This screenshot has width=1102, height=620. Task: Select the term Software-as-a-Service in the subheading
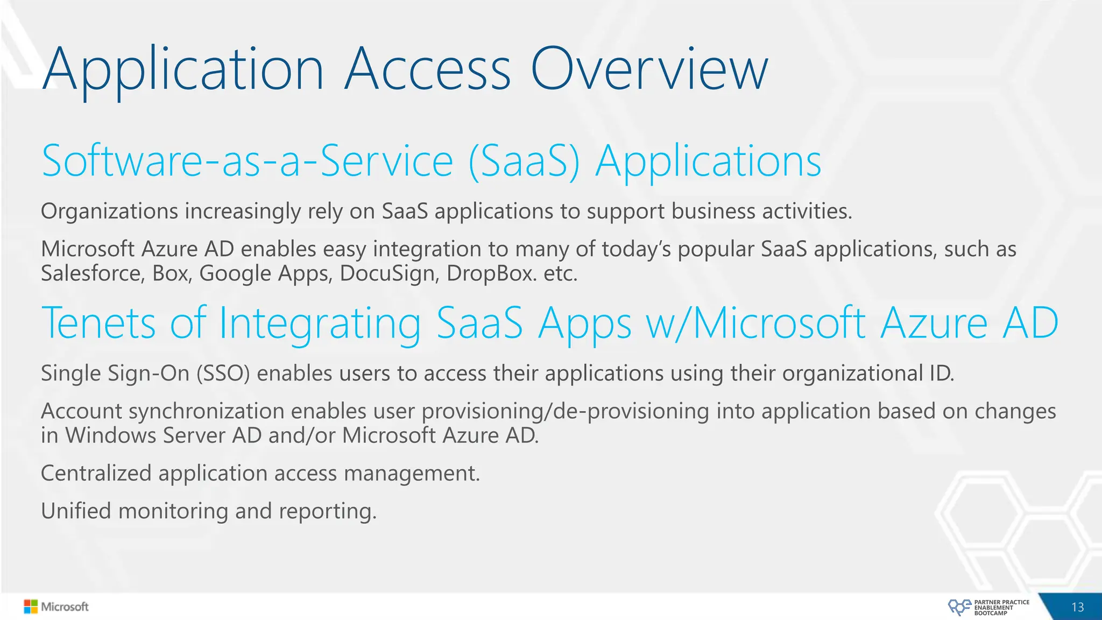(x=248, y=161)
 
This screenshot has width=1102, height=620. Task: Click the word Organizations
(x=109, y=212)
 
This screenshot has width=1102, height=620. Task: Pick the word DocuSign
(x=389, y=274)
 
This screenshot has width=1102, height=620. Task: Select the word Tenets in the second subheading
(x=98, y=323)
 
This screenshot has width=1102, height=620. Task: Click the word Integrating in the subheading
(x=320, y=324)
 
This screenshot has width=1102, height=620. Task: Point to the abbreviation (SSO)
(x=223, y=374)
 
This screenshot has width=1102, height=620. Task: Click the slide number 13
(x=1077, y=607)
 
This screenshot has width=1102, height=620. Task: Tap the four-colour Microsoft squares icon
(x=31, y=607)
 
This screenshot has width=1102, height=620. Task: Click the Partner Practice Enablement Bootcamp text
(x=1001, y=608)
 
